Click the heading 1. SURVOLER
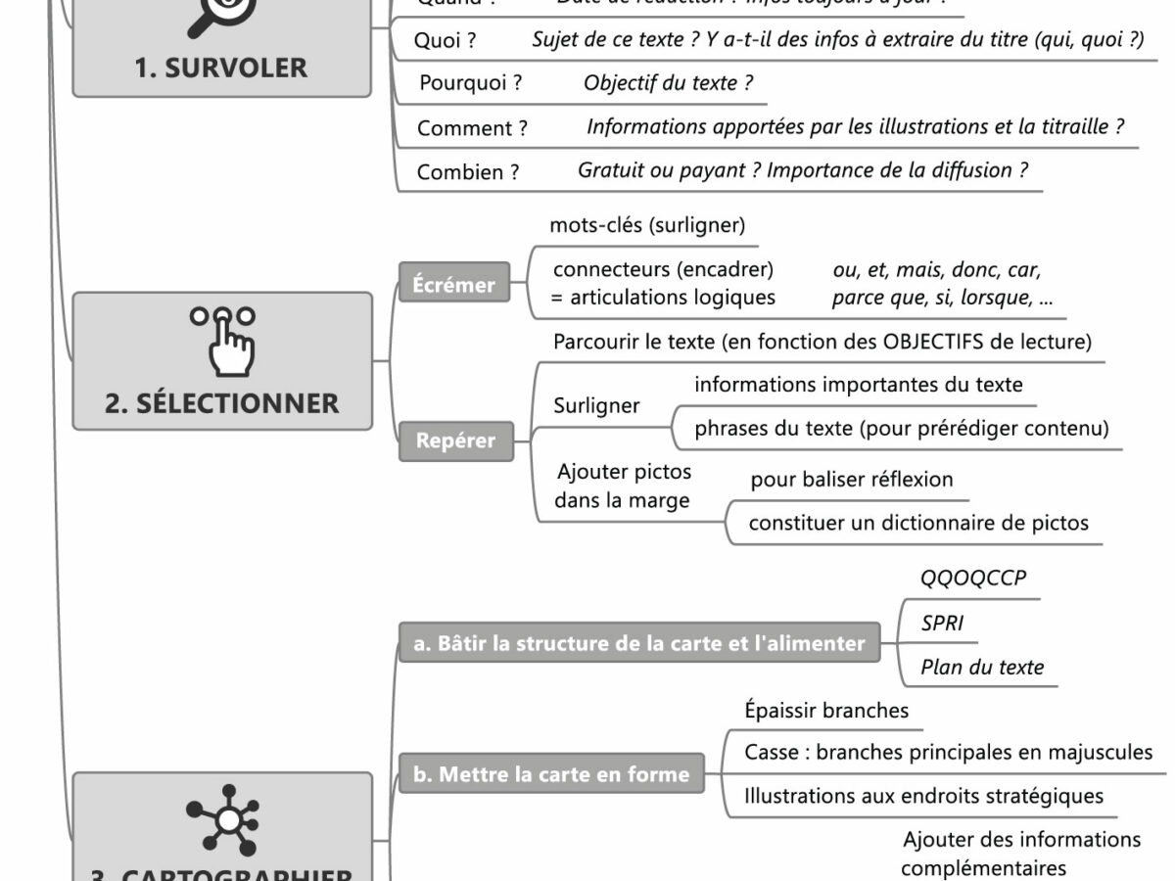point(222,68)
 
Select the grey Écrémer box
point(453,285)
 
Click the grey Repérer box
point(455,440)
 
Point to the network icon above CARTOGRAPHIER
point(222,818)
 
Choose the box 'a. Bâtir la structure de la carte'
point(639,643)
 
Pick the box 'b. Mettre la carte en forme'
point(550,774)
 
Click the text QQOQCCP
point(973,578)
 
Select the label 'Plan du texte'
point(982,668)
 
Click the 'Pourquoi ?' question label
point(470,83)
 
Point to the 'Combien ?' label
point(468,172)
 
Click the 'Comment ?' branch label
point(472,128)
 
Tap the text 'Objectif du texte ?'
point(668,83)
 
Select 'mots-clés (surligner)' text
point(647,225)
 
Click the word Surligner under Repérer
point(596,405)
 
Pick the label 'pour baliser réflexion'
point(851,480)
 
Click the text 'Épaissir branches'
point(826,710)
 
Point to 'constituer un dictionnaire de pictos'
point(917,523)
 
